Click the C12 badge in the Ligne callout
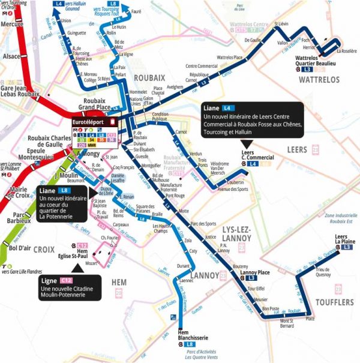(x=66, y=280)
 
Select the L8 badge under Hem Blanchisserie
(x=188, y=344)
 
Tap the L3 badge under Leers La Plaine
(x=347, y=247)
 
